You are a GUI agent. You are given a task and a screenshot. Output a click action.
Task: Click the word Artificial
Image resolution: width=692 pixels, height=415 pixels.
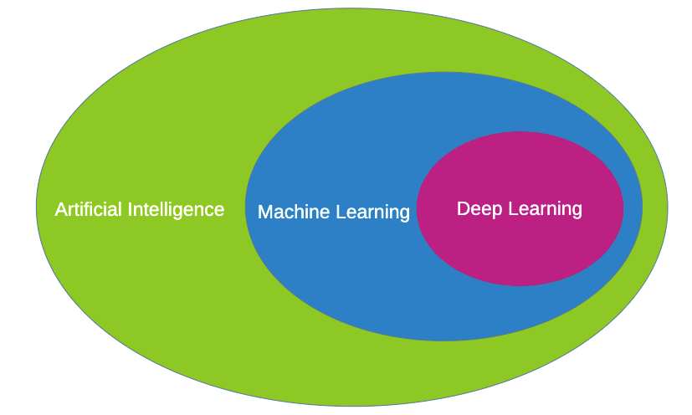(x=90, y=209)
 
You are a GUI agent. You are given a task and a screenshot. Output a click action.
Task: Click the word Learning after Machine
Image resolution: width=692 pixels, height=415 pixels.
(x=372, y=213)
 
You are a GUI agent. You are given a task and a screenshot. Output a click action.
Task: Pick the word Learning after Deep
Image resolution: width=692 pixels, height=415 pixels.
(x=541, y=208)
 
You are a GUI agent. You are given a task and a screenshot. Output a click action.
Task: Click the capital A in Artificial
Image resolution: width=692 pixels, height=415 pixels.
(x=60, y=209)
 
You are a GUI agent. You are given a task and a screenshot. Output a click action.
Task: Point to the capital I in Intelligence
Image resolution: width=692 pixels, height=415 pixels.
(x=131, y=209)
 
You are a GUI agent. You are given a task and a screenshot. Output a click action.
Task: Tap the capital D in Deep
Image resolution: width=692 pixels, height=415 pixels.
(x=463, y=208)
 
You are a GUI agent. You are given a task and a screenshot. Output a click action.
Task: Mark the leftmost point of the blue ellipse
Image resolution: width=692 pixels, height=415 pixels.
(x=245, y=207)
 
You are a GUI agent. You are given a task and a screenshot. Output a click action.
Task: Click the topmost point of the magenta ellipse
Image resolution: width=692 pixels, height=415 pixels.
(x=520, y=132)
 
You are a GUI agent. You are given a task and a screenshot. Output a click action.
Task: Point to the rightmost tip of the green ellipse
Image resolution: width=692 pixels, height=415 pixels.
(x=668, y=207)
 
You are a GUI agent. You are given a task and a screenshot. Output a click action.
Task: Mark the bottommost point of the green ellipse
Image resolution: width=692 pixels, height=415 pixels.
(x=351, y=406)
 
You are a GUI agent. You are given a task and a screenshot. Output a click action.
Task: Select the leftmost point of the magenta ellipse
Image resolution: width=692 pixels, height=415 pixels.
(x=417, y=209)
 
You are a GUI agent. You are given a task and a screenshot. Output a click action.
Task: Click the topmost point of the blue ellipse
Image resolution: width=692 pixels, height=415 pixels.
(x=443, y=73)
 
